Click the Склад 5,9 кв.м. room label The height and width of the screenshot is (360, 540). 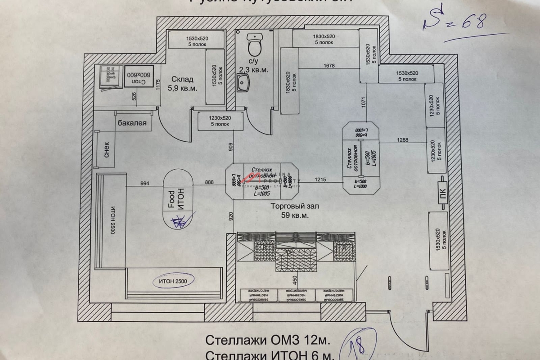point(182,84)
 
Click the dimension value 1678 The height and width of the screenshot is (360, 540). point(329,66)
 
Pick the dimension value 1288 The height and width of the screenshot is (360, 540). point(403,140)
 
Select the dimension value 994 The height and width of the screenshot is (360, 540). point(144,183)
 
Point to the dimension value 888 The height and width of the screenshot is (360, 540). point(209,182)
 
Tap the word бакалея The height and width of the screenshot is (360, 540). point(132,122)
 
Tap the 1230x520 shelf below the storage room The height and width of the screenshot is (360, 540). point(220,121)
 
